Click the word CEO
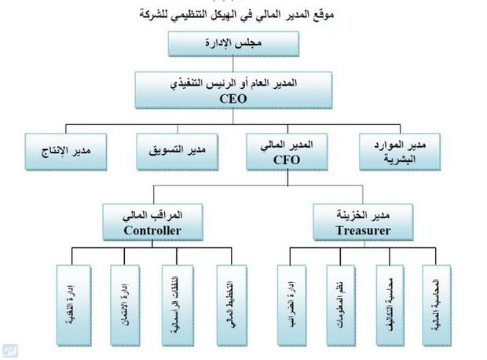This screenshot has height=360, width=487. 233,100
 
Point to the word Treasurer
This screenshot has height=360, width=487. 362,230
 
